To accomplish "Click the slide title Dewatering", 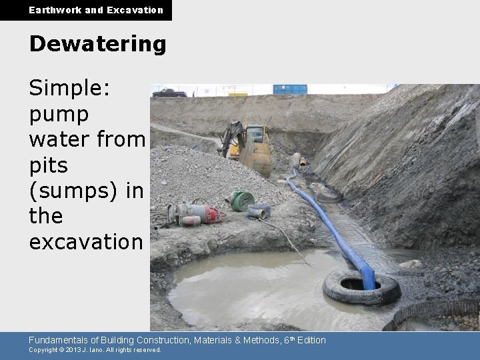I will tap(97, 44).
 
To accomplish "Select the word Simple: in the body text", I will tap(70, 90).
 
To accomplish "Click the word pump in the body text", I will tap(59, 115).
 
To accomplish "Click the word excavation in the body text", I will tap(86, 241).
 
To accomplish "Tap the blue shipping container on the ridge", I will tap(290, 89).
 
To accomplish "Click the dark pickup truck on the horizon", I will tap(169, 93).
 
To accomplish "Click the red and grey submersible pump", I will tap(195, 213).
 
